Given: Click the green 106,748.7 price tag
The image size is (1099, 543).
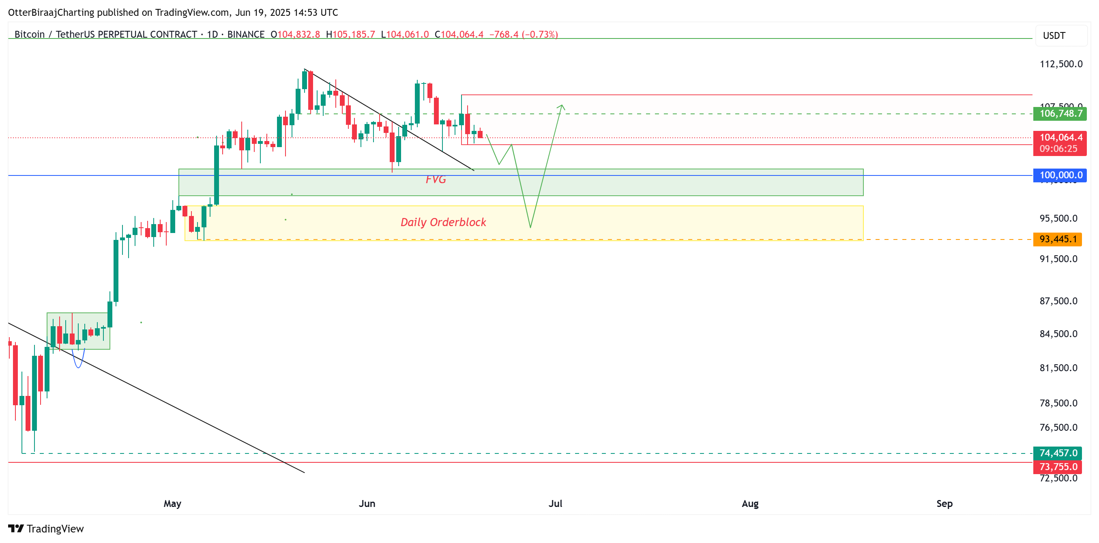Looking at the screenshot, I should [x=1059, y=114].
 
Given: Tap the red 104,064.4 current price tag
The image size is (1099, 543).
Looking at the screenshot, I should [x=1059, y=138].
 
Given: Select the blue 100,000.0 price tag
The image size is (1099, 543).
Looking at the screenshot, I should [x=1059, y=175].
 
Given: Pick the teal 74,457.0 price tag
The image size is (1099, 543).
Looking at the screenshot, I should [x=1058, y=453].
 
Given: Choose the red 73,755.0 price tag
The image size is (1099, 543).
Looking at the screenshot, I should [x=1058, y=467].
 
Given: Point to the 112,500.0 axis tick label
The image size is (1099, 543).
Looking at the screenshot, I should [x=1060, y=64].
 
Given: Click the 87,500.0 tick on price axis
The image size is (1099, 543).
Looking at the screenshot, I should [x=1058, y=301].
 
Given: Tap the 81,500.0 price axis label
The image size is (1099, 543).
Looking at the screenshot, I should [x=1058, y=368].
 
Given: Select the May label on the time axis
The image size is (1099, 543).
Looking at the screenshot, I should [x=172, y=504].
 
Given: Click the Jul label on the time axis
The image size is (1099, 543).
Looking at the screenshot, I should [x=555, y=504].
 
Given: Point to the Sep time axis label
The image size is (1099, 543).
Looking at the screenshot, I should [x=944, y=504].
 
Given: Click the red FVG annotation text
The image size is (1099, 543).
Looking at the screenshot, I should [x=436, y=180].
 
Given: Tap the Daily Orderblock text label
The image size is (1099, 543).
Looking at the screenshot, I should [x=443, y=222].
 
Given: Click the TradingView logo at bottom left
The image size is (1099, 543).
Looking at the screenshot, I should [x=46, y=529].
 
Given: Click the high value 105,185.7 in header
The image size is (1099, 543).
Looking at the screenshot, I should [x=353, y=34].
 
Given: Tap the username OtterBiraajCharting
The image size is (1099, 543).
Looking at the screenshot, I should [x=51, y=13].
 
